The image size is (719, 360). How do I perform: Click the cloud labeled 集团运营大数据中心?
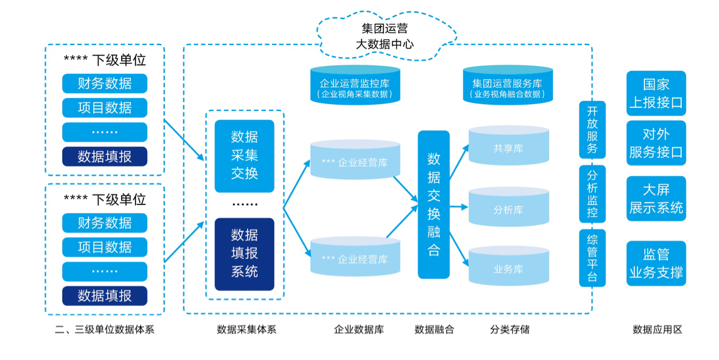[x=384, y=36]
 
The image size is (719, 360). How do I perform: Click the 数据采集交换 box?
[x=244, y=156]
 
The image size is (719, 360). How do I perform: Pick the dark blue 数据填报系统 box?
[x=244, y=254]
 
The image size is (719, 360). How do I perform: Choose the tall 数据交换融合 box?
[x=434, y=204]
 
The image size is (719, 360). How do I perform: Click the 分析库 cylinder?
[x=508, y=208]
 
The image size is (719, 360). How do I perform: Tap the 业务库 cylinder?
[x=508, y=268]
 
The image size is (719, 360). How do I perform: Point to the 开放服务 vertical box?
[x=592, y=130]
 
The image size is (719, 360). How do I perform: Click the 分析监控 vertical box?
[x=592, y=193]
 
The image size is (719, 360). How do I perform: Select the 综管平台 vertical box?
[x=592, y=258]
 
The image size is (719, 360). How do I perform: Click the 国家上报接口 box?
[x=656, y=93]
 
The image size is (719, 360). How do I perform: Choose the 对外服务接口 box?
[x=656, y=143]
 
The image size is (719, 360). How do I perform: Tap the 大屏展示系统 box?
[x=656, y=199]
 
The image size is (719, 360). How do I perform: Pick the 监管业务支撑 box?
[x=656, y=263]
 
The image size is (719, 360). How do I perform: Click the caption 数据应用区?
[x=657, y=329]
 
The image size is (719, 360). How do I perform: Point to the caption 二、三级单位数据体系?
[x=105, y=329]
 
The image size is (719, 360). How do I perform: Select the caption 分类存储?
[x=510, y=329]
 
